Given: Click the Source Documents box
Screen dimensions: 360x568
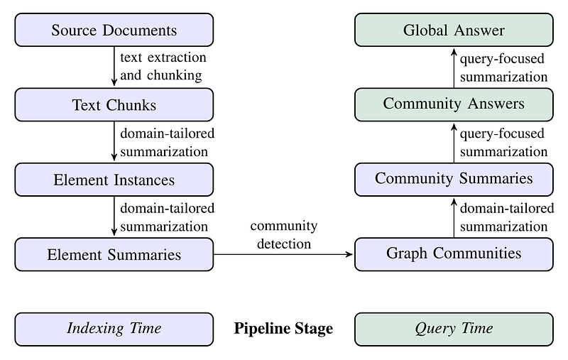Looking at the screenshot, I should pyautogui.click(x=114, y=30).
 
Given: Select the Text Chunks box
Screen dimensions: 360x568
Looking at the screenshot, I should pyautogui.click(x=114, y=105).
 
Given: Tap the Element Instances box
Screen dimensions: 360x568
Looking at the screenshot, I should pyautogui.click(x=114, y=180).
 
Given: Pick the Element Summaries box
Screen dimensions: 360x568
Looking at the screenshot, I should pyautogui.click(x=114, y=254).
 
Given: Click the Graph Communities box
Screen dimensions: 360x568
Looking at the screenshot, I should pyautogui.click(x=454, y=253).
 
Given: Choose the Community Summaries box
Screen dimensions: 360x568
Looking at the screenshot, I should pyautogui.click(x=454, y=178).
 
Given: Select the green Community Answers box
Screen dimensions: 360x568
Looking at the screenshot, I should pyautogui.click(x=454, y=104).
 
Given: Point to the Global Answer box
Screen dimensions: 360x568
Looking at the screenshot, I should pyautogui.click(x=454, y=30).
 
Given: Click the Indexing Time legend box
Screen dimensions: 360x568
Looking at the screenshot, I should pyautogui.click(x=114, y=329).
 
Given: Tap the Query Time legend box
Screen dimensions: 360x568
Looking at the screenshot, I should pyautogui.click(x=454, y=329).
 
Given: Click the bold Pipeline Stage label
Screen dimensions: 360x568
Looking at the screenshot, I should pyautogui.click(x=283, y=329).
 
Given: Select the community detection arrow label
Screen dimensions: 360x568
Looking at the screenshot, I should pyautogui.click(x=283, y=234).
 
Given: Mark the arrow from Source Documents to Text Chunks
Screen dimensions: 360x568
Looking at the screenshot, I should pyautogui.click(x=114, y=67).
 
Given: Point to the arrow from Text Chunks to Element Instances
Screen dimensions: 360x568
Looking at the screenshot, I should pyautogui.click(x=114, y=142).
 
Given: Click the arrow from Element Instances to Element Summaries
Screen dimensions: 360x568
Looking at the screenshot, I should pyautogui.click(x=114, y=217).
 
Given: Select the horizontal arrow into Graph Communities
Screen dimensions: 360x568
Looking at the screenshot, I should pyautogui.click(x=283, y=254).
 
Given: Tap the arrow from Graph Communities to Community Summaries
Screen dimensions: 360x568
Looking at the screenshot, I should pyautogui.click(x=454, y=217).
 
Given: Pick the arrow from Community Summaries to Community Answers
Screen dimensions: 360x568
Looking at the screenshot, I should pyautogui.click(x=454, y=141).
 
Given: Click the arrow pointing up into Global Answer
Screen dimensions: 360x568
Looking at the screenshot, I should pyautogui.click(x=454, y=67).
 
